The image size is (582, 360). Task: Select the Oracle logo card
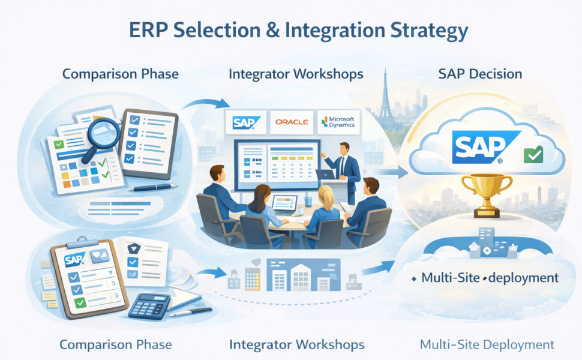click(292, 122)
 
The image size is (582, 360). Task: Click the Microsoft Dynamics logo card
click(338, 122)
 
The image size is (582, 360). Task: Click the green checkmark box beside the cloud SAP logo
click(533, 155)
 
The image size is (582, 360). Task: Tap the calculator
click(149, 306)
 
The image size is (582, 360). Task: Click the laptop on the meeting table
click(284, 205)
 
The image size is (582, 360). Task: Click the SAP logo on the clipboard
click(74, 260)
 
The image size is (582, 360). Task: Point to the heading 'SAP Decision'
click(480, 74)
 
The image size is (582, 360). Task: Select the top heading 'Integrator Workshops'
click(296, 74)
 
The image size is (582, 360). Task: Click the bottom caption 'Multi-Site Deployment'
click(487, 344)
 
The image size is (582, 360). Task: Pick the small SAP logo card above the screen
click(246, 122)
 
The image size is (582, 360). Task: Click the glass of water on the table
click(308, 201)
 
